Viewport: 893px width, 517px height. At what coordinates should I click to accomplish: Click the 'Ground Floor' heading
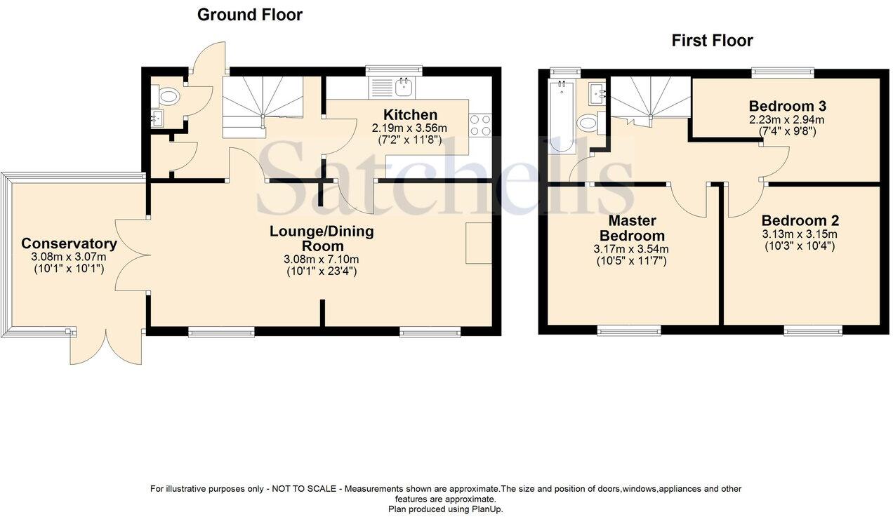click(x=249, y=15)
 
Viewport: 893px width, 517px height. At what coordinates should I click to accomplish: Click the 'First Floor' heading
click(x=712, y=41)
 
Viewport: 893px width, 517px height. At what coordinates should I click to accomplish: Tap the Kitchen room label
click(x=410, y=115)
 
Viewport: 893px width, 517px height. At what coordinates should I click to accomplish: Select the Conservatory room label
click(x=69, y=243)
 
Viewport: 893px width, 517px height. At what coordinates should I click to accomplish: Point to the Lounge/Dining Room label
click(x=323, y=239)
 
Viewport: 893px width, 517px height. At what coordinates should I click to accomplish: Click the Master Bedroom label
click(x=637, y=227)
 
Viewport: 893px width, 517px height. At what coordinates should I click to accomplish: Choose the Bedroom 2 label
click(x=800, y=220)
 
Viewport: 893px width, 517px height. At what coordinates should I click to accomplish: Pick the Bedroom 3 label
click(x=787, y=107)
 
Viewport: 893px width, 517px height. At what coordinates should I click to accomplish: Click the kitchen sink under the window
click(x=403, y=87)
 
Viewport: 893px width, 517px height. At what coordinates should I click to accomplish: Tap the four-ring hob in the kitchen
click(x=480, y=126)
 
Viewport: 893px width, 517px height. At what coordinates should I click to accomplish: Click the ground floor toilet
click(x=170, y=96)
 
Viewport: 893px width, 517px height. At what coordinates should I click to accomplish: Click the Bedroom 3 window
click(x=783, y=71)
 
